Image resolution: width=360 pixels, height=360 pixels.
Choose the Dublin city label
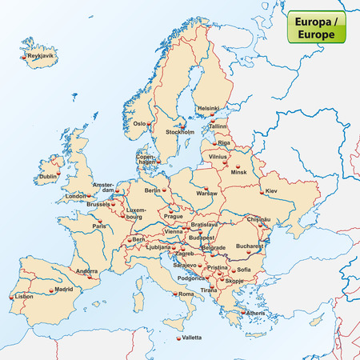click(49, 176)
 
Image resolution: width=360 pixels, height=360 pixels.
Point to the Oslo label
click(140, 124)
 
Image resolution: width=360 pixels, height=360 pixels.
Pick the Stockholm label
click(180, 130)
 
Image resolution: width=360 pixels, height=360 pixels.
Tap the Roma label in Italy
click(186, 294)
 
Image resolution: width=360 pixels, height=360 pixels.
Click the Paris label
click(99, 226)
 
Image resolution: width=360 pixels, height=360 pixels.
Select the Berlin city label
click(153, 190)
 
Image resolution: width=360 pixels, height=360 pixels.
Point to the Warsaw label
click(206, 194)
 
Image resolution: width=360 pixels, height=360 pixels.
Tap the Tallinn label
click(219, 126)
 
